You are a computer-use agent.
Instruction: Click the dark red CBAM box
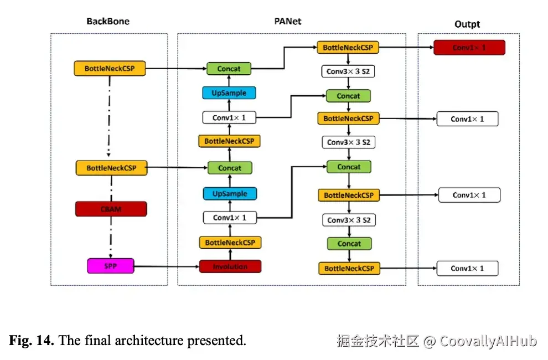[x=111, y=209]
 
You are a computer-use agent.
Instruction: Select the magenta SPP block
[x=111, y=266]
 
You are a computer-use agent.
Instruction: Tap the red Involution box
[x=230, y=266]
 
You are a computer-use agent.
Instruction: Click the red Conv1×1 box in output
[x=469, y=48]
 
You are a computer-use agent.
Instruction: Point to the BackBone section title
[x=108, y=22]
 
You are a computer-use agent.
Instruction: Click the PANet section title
[x=288, y=22]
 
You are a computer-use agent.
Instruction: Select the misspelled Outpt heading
[x=467, y=24]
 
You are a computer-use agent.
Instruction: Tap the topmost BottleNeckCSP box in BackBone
[x=110, y=69]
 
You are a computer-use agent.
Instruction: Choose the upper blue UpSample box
[x=229, y=92]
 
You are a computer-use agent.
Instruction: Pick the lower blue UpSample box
[x=230, y=193]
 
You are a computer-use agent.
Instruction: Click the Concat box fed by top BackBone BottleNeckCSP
[x=229, y=69]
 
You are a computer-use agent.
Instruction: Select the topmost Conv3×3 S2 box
[x=348, y=71]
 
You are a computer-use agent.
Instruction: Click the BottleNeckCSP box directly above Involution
[x=230, y=243]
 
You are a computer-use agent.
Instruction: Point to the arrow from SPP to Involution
[x=166, y=266]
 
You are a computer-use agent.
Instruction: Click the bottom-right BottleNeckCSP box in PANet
[x=349, y=269]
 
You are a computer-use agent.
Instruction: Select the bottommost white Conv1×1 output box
[x=467, y=269]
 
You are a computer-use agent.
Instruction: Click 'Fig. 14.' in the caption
[x=32, y=341]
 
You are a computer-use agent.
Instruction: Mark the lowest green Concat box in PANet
[x=349, y=244]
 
